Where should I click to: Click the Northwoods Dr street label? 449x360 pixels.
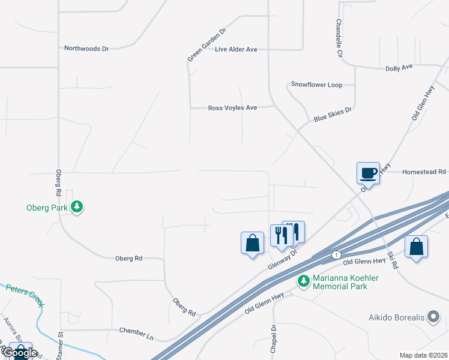tap(86, 48)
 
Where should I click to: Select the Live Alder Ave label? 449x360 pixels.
tap(236, 49)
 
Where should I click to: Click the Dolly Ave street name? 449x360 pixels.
tap(399, 68)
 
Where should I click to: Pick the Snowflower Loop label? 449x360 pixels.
tap(316, 85)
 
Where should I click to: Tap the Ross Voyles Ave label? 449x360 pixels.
tap(232, 108)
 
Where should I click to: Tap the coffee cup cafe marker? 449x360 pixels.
tap(368, 173)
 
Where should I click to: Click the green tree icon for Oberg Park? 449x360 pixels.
tap(76, 207)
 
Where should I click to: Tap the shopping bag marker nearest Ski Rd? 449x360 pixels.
tap(416, 247)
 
